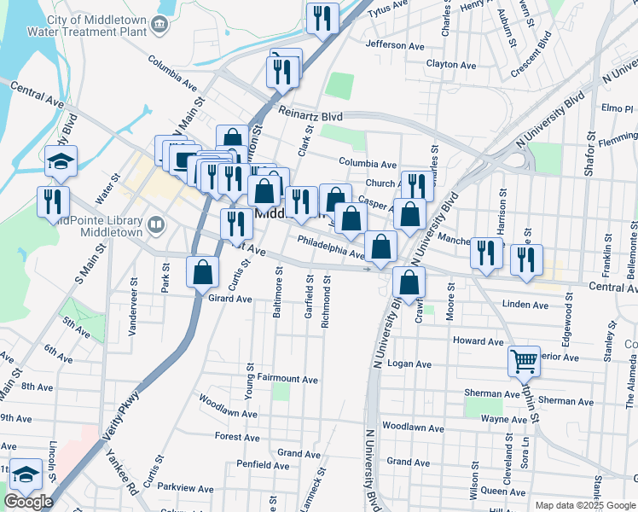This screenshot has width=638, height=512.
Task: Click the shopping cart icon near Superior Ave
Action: coord(524,360)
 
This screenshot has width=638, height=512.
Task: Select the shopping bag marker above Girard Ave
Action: coord(203,273)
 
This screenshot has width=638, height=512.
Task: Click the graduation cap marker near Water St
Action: coord(61,160)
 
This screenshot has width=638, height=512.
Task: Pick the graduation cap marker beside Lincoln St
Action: coord(27,475)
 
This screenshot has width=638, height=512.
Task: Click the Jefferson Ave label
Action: coord(394,44)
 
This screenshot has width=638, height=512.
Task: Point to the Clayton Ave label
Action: coord(451,65)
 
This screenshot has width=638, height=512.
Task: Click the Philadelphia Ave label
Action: coord(331,247)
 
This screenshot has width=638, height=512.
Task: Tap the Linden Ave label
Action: coord(525,305)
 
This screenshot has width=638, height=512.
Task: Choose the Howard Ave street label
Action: coord(479,341)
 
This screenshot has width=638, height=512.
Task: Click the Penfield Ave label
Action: coord(263,465)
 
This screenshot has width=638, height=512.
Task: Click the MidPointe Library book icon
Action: coord(155,225)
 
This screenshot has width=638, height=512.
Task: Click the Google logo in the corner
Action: coord(27,502)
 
